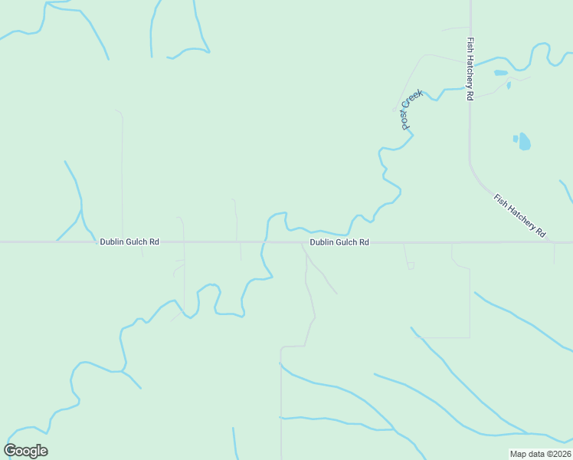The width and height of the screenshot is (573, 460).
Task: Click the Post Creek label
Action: tap(411, 109)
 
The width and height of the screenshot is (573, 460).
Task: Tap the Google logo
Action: tap(25, 451)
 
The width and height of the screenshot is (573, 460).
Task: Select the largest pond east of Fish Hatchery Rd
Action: tap(525, 142)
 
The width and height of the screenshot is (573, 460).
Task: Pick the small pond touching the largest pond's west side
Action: tap(516, 139)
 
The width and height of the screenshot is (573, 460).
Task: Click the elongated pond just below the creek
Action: tap(500, 73)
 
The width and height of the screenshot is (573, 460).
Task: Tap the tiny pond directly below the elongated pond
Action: tap(509, 84)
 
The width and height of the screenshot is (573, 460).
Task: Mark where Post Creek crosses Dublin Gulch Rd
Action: tap(263, 242)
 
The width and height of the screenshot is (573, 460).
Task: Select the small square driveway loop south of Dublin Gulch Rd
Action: tap(411, 265)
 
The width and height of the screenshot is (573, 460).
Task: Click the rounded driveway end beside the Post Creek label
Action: tap(395, 108)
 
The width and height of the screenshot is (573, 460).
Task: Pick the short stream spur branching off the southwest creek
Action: tap(132, 379)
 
